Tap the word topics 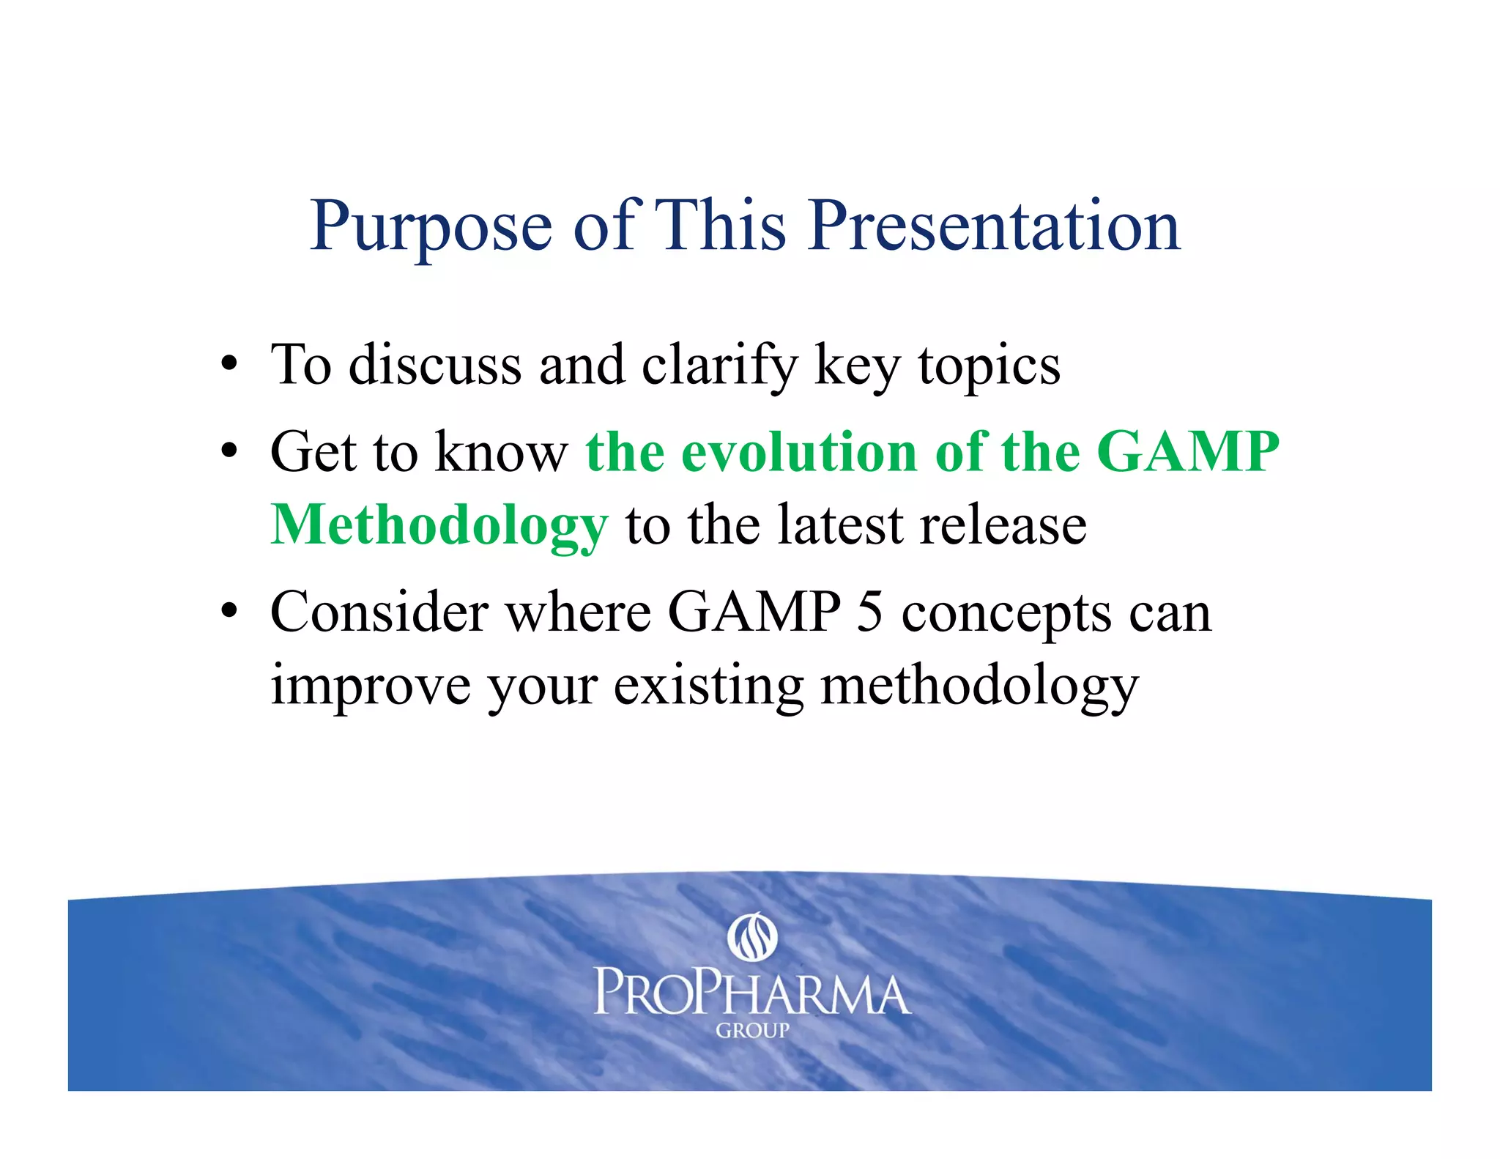click(989, 366)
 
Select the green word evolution click(799, 451)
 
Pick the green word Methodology click(439, 526)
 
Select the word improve click(371, 686)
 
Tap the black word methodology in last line click(979, 686)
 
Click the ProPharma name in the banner click(751, 993)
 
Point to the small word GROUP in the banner click(752, 1031)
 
